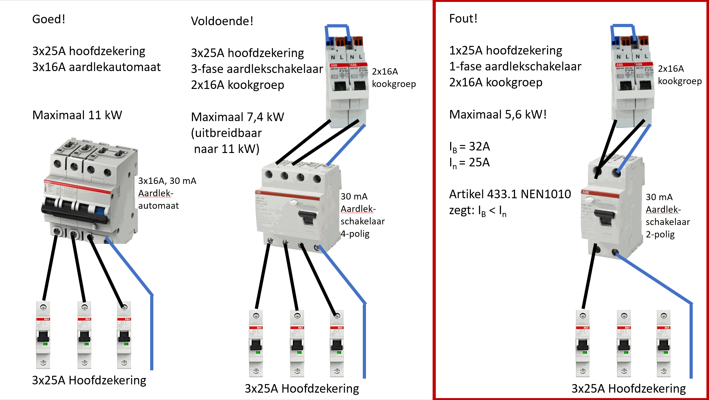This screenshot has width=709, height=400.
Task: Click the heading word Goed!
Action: tap(48, 19)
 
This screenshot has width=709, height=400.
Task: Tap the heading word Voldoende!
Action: tap(222, 21)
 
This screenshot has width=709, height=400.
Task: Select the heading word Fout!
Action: tap(463, 18)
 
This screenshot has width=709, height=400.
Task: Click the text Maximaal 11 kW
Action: tap(77, 115)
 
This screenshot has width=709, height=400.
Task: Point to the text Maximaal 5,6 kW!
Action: tap(498, 114)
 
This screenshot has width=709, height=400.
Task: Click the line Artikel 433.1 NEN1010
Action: tap(510, 194)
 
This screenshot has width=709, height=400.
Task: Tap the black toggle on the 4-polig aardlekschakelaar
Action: tap(307, 218)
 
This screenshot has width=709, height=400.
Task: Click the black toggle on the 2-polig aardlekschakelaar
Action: tap(603, 218)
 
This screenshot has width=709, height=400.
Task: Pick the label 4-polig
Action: tap(355, 234)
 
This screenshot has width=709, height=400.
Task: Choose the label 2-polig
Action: tap(660, 235)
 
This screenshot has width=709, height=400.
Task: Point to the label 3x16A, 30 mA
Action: tap(167, 181)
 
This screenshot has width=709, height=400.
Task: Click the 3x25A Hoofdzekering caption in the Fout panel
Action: tap(628, 389)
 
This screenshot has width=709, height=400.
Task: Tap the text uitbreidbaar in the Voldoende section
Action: tap(228, 133)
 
